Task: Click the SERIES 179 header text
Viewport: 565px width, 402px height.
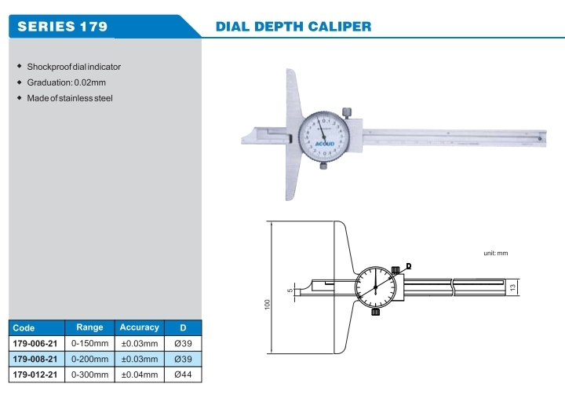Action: (62, 26)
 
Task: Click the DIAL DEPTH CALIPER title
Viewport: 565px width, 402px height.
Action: (293, 26)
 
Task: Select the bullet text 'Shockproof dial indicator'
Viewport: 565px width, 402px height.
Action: (74, 67)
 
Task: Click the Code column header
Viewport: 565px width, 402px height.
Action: (24, 328)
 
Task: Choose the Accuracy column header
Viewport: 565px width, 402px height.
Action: (139, 327)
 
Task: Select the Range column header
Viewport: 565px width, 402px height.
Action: (89, 327)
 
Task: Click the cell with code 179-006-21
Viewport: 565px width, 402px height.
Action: (36, 343)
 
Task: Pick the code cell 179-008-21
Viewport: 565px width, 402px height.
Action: (36, 359)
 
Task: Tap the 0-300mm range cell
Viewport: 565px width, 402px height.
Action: (89, 375)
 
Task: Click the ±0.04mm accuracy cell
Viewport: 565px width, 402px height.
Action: (139, 375)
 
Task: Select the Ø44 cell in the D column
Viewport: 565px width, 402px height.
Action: (182, 375)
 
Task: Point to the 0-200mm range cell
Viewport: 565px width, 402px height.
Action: (89, 359)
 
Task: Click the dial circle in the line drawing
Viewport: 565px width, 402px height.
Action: (376, 287)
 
